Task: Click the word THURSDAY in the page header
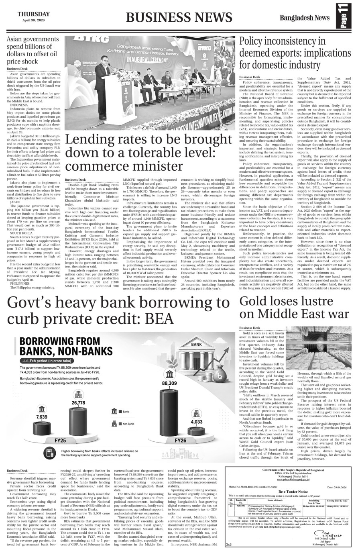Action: (x=33, y=14)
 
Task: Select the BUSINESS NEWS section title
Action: (x=179, y=17)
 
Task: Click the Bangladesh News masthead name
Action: (x=305, y=18)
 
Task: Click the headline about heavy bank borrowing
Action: (x=118, y=311)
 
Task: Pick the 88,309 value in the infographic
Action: (x=169, y=384)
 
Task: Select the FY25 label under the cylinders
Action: (x=60, y=441)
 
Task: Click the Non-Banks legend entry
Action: (x=124, y=424)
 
